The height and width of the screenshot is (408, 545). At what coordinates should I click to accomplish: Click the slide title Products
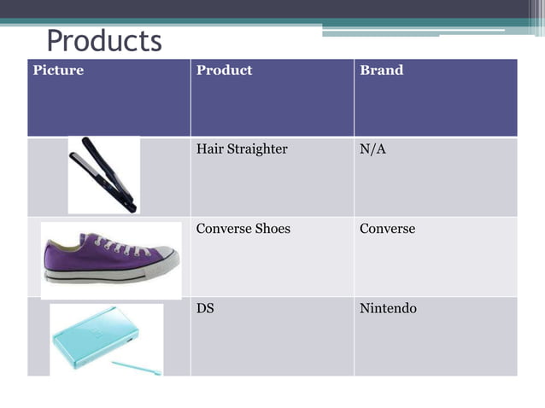pyautogui.click(x=103, y=40)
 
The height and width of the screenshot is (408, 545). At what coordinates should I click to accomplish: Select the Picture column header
pyautogui.click(x=58, y=71)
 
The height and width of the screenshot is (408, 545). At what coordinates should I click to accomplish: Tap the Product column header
pyautogui.click(x=224, y=71)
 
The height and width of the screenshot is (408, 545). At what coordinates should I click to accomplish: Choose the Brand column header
pyautogui.click(x=381, y=71)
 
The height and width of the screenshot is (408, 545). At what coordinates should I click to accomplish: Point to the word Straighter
pyautogui.click(x=257, y=149)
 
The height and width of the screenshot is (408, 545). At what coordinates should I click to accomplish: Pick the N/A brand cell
pyautogui.click(x=373, y=149)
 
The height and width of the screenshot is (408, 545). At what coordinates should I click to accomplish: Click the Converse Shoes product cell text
pyautogui.click(x=243, y=229)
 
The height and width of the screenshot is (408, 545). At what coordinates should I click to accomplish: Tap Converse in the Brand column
pyautogui.click(x=387, y=229)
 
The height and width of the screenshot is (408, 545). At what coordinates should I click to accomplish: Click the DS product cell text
pyautogui.click(x=205, y=308)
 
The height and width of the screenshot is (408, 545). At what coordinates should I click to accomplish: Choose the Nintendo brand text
pyautogui.click(x=388, y=308)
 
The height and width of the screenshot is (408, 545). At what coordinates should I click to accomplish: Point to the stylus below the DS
pyautogui.click(x=137, y=367)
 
